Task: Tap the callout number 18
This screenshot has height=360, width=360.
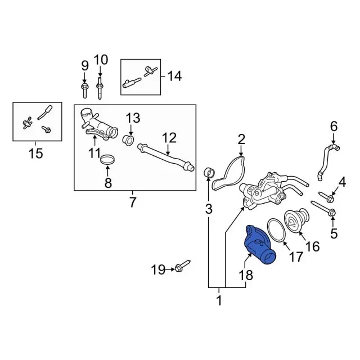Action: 246,276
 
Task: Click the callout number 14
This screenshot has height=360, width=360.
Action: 174,75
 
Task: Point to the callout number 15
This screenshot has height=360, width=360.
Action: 35,152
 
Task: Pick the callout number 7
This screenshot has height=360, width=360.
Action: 133,202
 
